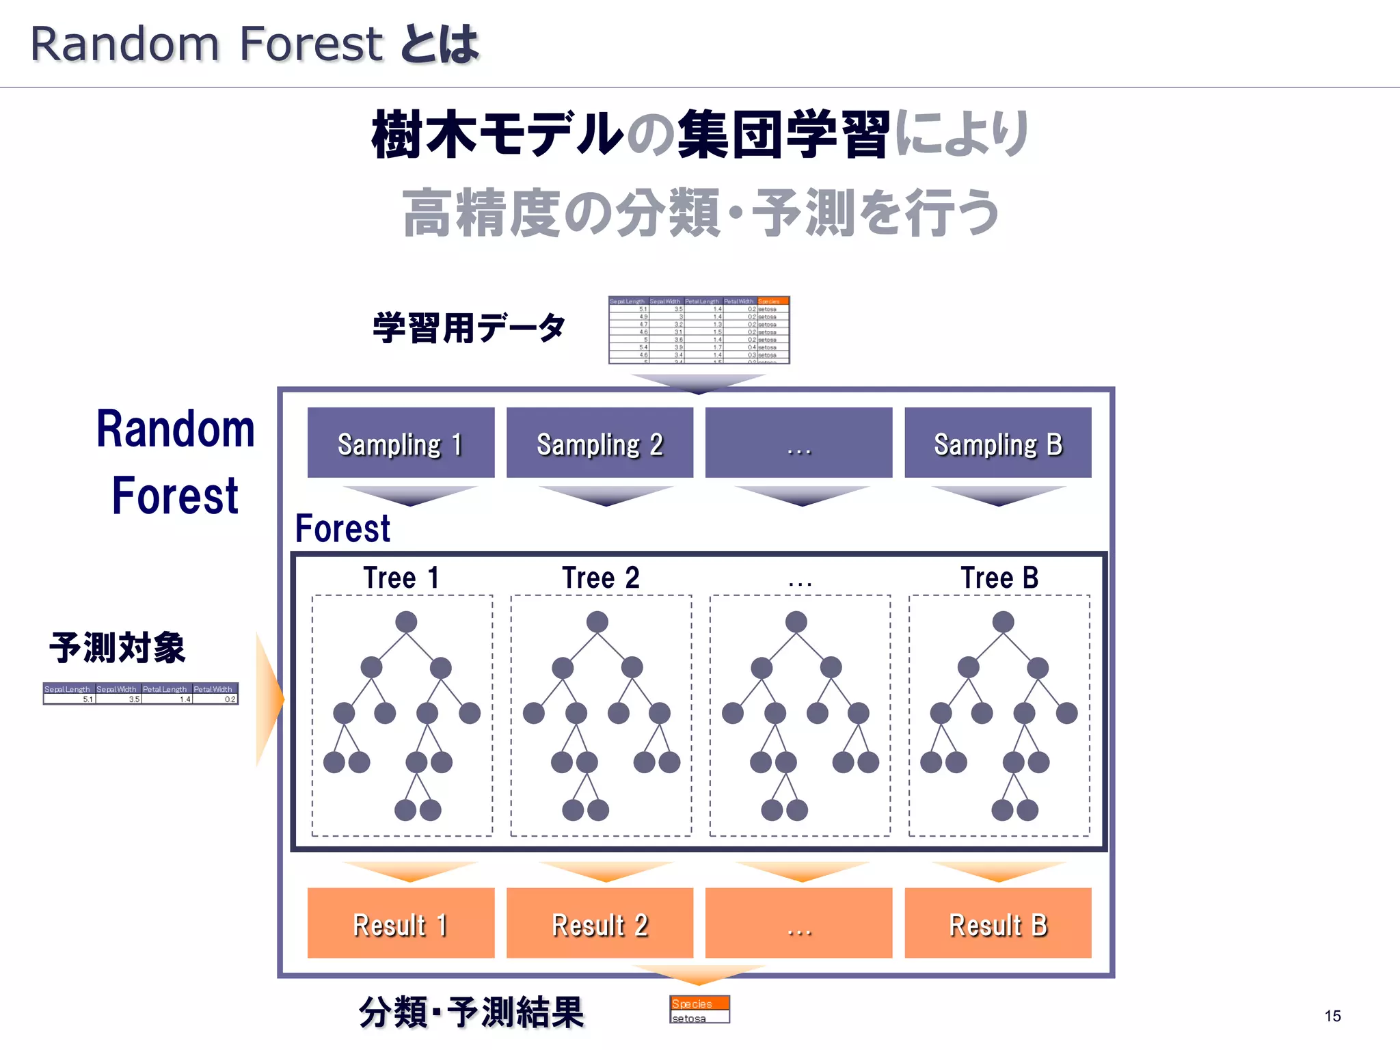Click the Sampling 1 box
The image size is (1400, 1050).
click(401, 442)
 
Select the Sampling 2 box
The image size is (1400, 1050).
click(600, 442)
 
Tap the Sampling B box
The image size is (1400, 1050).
click(997, 442)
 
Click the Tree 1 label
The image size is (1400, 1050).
click(401, 578)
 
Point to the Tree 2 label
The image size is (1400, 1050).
click(600, 578)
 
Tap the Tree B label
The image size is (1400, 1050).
click(999, 578)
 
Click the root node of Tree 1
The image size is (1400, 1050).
click(406, 622)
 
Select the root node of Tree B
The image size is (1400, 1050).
click(1003, 622)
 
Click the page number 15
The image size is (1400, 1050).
click(1332, 1016)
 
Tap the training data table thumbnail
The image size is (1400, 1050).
click(699, 329)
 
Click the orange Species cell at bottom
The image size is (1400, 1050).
click(699, 1003)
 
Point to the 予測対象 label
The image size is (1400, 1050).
click(118, 647)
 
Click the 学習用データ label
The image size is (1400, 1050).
click(469, 327)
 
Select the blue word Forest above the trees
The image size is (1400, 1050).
click(342, 528)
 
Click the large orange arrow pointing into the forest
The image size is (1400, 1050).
click(269, 699)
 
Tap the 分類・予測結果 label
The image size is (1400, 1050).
click(471, 1012)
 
